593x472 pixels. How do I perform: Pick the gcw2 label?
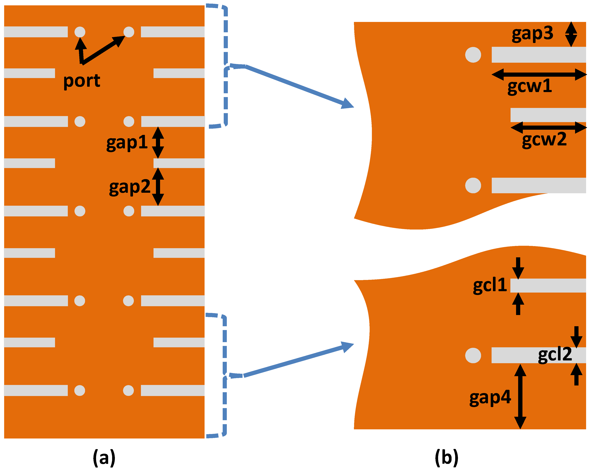(544, 140)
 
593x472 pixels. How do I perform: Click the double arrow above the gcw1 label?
(539, 74)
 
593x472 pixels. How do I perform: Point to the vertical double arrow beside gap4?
(520, 397)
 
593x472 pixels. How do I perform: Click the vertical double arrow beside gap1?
(158, 142)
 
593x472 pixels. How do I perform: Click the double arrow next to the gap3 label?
(571, 34)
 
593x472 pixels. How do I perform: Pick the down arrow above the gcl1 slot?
(518, 268)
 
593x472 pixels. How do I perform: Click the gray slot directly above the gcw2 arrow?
(548, 115)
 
